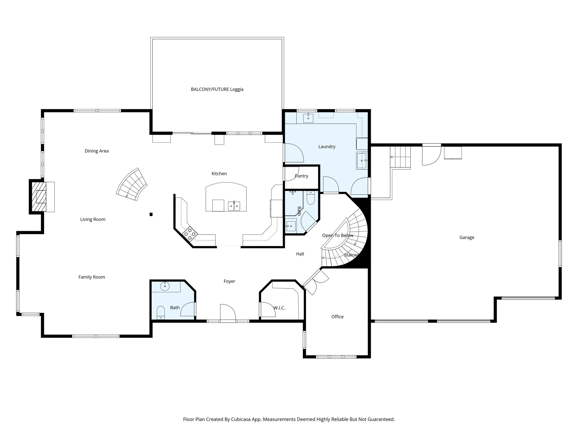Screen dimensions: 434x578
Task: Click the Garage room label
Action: [x=467, y=237]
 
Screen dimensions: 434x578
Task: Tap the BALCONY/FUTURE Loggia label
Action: [x=217, y=89]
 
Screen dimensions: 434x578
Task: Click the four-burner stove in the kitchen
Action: [x=190, y=234]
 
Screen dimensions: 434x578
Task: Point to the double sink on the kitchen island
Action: [x=234, y=206]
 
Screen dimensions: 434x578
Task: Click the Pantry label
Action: [x=301, y=176]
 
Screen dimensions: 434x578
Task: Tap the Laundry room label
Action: [x=327, y=146]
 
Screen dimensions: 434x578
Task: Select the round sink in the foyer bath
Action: [x=165, y=286]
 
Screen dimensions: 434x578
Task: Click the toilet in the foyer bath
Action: [x=161, y=312]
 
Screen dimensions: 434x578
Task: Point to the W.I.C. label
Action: [x=279, y=308]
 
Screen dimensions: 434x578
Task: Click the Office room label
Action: [x=337, y=317]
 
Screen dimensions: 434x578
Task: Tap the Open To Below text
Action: [x=338, y=235]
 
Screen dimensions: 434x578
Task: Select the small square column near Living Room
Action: [x=151, y=214]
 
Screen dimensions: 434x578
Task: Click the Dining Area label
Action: [x=97, y=151]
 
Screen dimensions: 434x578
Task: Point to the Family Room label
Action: [x=92, y=277]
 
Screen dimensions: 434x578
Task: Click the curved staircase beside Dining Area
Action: [x=132, y=185]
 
